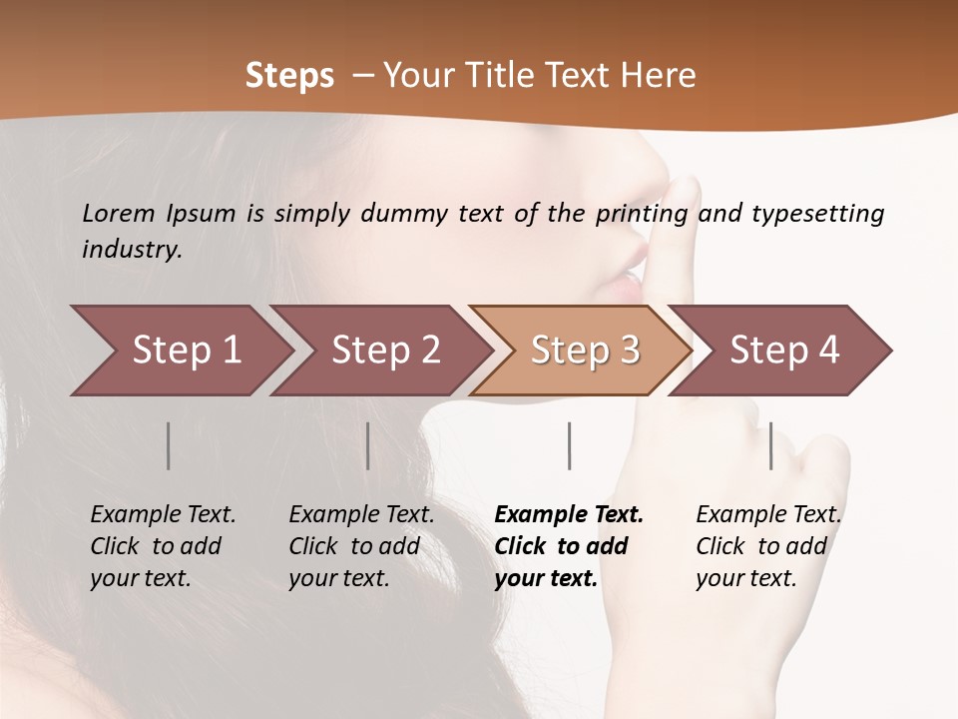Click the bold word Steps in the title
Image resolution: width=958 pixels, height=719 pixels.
[x=289, y=76]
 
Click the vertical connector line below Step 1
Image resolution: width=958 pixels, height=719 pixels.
[x=169, y=445]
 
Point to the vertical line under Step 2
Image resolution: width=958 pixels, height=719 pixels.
[x=368, y=445]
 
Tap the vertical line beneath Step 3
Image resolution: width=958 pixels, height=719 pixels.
[x=570, y=445]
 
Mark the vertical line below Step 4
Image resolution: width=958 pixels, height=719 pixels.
[x=771, y=445]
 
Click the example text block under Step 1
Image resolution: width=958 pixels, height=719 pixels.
[x=163, y=546]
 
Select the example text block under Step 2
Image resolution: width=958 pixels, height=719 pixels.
[x=361, y=546]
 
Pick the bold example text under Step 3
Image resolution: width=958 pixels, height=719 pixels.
[x=569, y=546]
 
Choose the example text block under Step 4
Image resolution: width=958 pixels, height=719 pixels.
[x=768, y=546]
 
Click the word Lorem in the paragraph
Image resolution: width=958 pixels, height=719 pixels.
[x=119, y=214]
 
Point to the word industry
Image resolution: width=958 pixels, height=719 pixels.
[x=132, y=250]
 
